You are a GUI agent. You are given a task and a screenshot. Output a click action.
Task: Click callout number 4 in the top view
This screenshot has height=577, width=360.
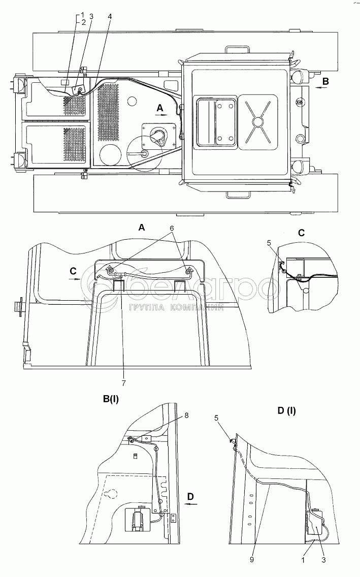coord(110,16)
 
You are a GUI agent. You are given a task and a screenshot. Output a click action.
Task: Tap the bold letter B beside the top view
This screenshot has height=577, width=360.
coord(326,81)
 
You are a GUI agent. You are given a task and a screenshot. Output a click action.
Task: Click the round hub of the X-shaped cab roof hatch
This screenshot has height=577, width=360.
coord(259,121)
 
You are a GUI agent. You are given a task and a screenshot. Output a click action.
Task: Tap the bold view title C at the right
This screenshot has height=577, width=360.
coord(301,233)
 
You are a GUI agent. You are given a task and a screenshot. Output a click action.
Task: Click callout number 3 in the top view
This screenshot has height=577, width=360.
coord(91,16)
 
